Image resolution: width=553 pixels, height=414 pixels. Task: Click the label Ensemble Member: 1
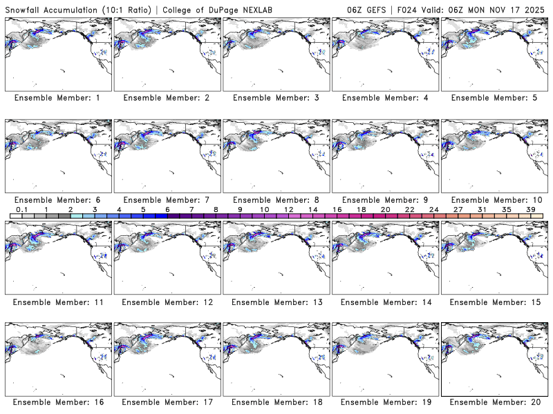[x=57, y=98]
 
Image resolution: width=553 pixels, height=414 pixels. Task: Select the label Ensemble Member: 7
[x=166, y=199]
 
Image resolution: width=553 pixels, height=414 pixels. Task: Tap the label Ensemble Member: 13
[x=275, y=302]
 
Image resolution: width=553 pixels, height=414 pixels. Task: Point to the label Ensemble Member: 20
[x=494, y=402]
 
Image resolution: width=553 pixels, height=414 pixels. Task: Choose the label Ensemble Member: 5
[x=494, y=98]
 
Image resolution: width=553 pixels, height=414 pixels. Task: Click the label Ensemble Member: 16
[x=57, y=402]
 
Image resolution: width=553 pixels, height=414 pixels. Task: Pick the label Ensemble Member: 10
[x=494, y=199]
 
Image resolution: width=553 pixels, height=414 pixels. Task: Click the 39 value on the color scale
[x=531, y=209]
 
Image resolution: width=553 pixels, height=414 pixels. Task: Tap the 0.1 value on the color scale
[x=22, y=209]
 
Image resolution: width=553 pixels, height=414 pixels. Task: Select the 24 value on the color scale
[x=434, y=209]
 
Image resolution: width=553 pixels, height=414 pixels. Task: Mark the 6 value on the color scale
[x=167, y=209]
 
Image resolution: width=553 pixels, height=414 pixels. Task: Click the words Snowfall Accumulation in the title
[x=49, y=8]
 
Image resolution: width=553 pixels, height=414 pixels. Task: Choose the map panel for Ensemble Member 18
[x=275, y=357]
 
